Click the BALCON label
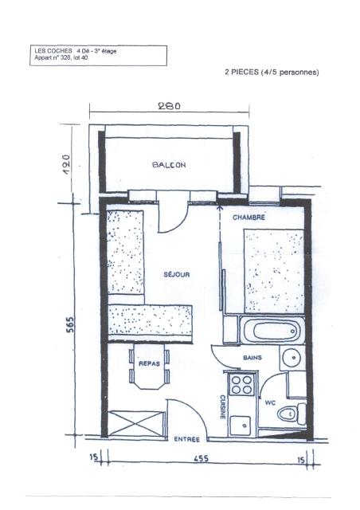[x=169, y=165]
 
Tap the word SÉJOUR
[x=177, y=274]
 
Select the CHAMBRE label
[x=248, y=218]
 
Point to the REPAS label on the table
[x=149, y=363]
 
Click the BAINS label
[x=252, y=358]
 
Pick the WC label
[x=270, y=402]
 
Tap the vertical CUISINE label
[x=223, y=407]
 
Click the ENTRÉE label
[x=186, y=439]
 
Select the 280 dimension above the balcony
[x=169, y=106]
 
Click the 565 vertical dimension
[x=70, y=324]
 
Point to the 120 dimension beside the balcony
[x=66, y=165]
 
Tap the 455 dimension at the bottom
[x=201, y=459]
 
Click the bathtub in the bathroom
[x=272, y=330]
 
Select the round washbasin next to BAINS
[x=292, y=358]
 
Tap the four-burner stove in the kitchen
[x=241, y=384]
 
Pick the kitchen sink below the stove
[x=241, y=426]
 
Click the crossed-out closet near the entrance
[x=135, y=423]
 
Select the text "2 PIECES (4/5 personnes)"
[x=272, y=73]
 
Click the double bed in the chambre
[x=274, y=271]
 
